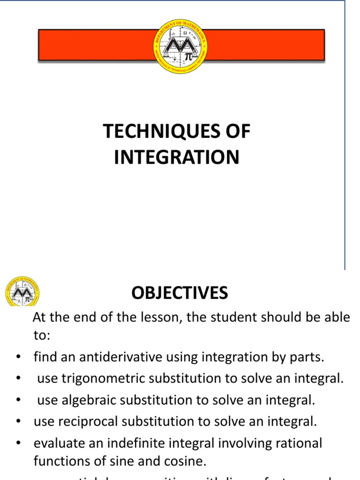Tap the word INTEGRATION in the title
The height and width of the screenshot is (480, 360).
click(x=177, y=157)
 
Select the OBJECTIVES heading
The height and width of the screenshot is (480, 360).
click(x=180, y=293)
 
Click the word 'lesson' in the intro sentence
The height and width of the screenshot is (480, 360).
click(x=158, y=317)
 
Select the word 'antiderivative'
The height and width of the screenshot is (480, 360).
click(x=110, y=357)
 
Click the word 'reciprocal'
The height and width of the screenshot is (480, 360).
click(x=88, y=421)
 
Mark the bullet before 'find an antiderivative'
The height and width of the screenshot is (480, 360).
click(x=17, y=357)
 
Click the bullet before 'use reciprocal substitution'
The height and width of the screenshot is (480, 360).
click(x=17, y=421)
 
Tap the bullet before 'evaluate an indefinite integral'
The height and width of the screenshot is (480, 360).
click(x=17, y=443)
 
